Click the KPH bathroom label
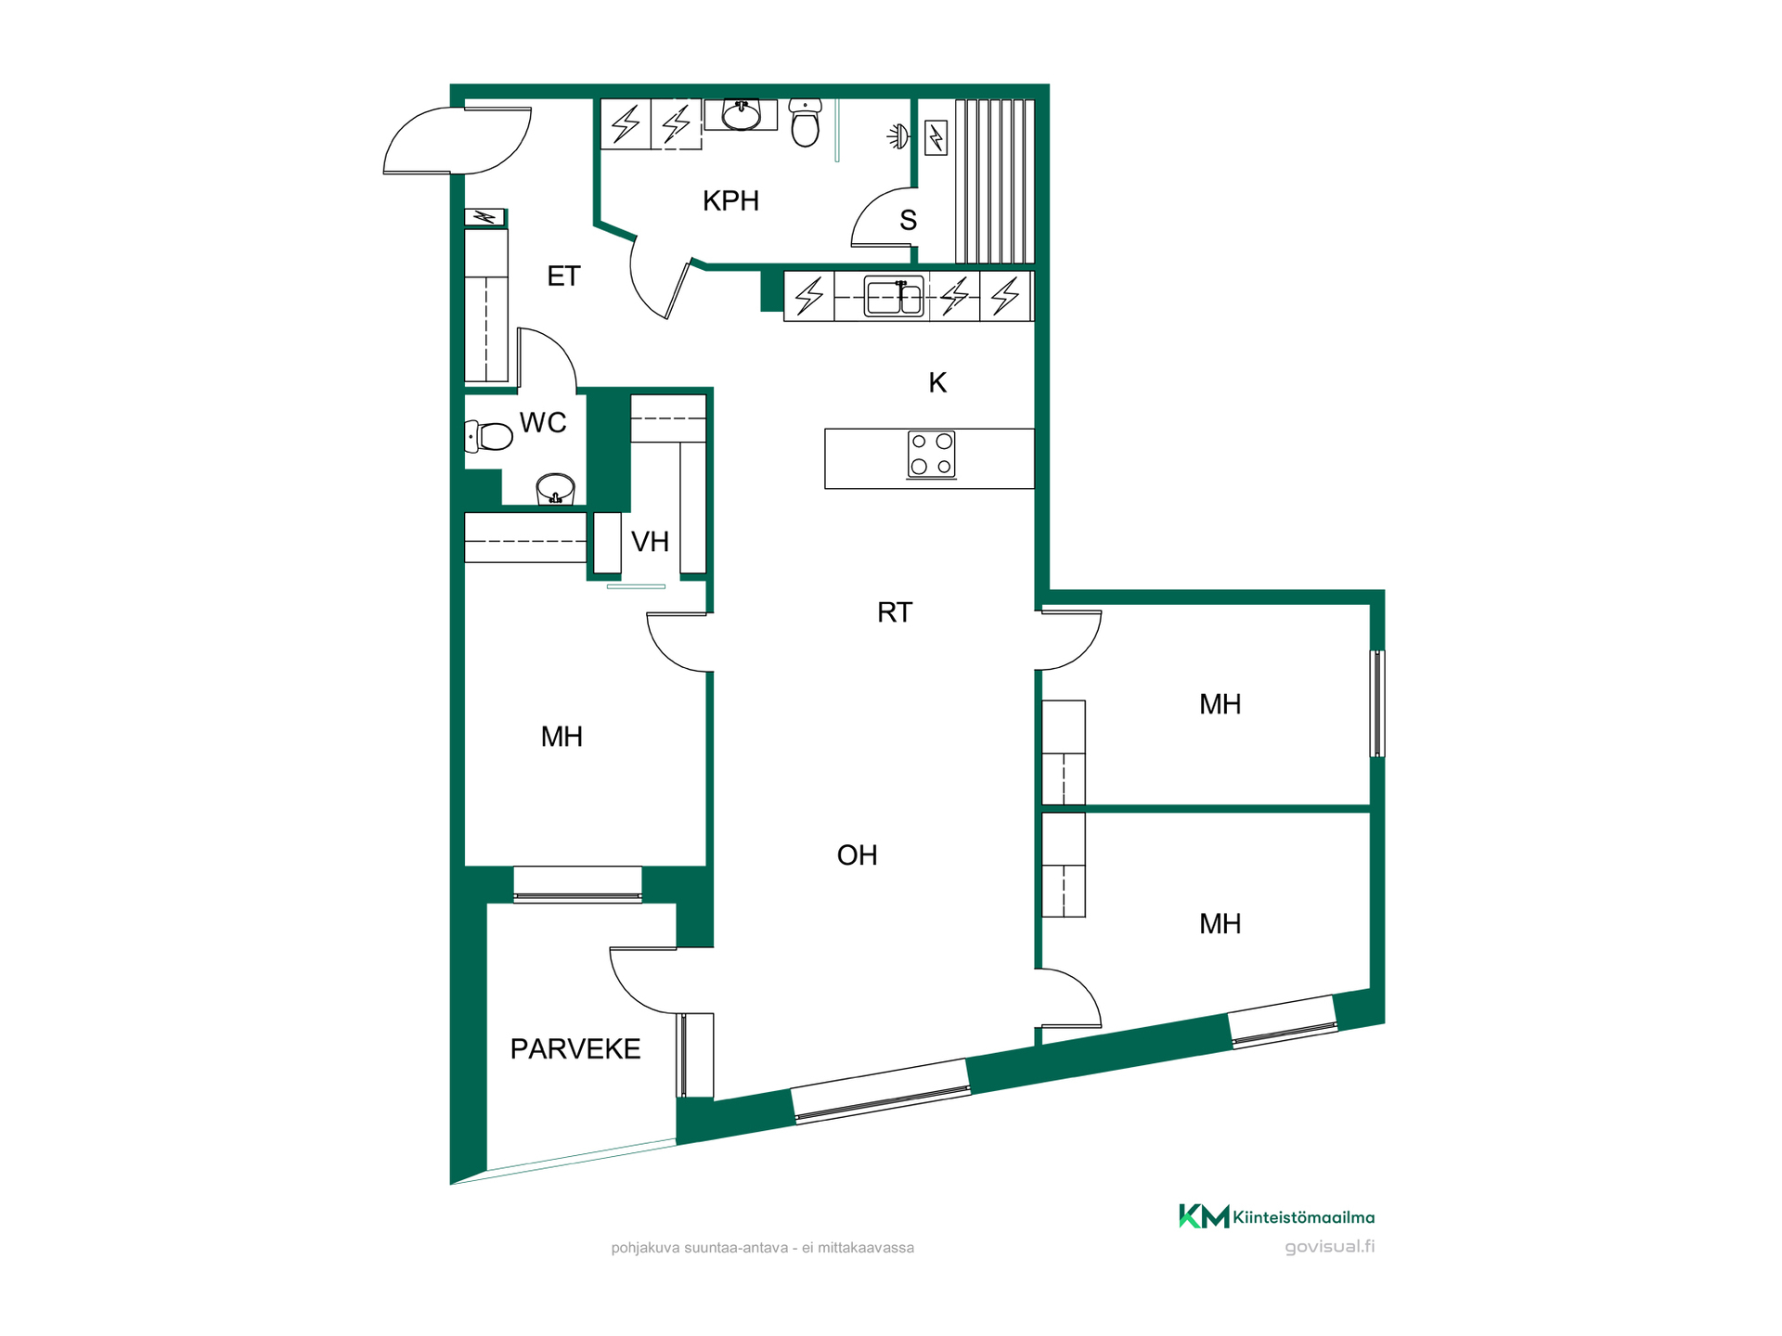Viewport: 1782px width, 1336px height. (730, 200)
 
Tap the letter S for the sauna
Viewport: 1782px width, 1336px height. (908, 221)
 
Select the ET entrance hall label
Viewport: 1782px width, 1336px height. (563, 276)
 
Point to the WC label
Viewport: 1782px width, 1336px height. (543, 423)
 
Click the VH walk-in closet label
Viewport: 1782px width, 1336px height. (650, 542)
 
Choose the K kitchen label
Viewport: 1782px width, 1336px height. (937, 382)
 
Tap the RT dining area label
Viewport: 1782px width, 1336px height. (895, 612)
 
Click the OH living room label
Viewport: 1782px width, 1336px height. (857, 855)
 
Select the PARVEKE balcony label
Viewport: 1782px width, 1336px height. (575, 1049)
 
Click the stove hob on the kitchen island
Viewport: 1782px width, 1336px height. (931, 455)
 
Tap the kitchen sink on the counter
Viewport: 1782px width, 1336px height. (894, 296)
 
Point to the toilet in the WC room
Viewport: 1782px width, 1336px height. (488, 436)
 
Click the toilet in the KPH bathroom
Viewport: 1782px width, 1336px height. (805, 123)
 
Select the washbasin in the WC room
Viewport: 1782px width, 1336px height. (555, 489)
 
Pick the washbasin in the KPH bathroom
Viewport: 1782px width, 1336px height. (741, 115)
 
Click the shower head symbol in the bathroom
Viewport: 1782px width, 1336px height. (897, 137)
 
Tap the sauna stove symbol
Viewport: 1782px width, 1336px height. (936, 138)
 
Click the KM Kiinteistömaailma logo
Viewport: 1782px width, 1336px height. (1276, 1216)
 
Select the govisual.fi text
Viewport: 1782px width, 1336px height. (1330, 1247)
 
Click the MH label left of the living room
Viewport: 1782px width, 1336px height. (562, 738)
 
